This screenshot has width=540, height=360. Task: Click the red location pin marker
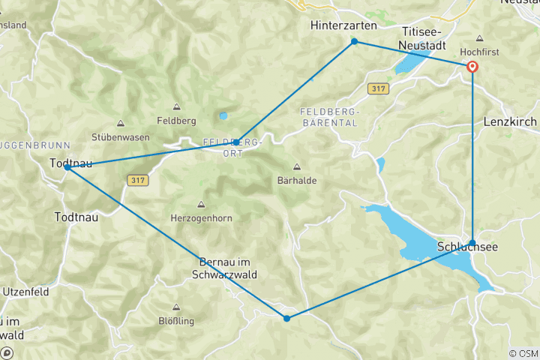click(x=472, y=67)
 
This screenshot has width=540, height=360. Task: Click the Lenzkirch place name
click(x=511, y=120)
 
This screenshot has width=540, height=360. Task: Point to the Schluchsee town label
click(x=468, y=247)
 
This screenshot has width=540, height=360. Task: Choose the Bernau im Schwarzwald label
click(x=229, y=268)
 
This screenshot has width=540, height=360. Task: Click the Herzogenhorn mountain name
click(x=201, y=217)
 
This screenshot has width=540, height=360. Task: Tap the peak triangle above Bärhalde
click(x=297, y=166)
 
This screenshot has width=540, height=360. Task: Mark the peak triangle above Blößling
click(x=177, y=307)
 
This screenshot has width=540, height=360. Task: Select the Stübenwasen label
click(x=121, y=137)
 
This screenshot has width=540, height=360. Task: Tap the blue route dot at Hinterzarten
click(x=355, y=41)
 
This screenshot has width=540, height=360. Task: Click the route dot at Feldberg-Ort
click(x=236, y=142)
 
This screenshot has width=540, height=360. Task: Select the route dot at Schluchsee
click(x=472, y=242)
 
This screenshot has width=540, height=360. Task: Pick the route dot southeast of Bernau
click(x=286, y=319)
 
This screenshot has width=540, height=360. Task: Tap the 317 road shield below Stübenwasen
click(x=137, y=179)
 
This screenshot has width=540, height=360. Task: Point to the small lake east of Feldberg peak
click(x=223, y=116)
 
